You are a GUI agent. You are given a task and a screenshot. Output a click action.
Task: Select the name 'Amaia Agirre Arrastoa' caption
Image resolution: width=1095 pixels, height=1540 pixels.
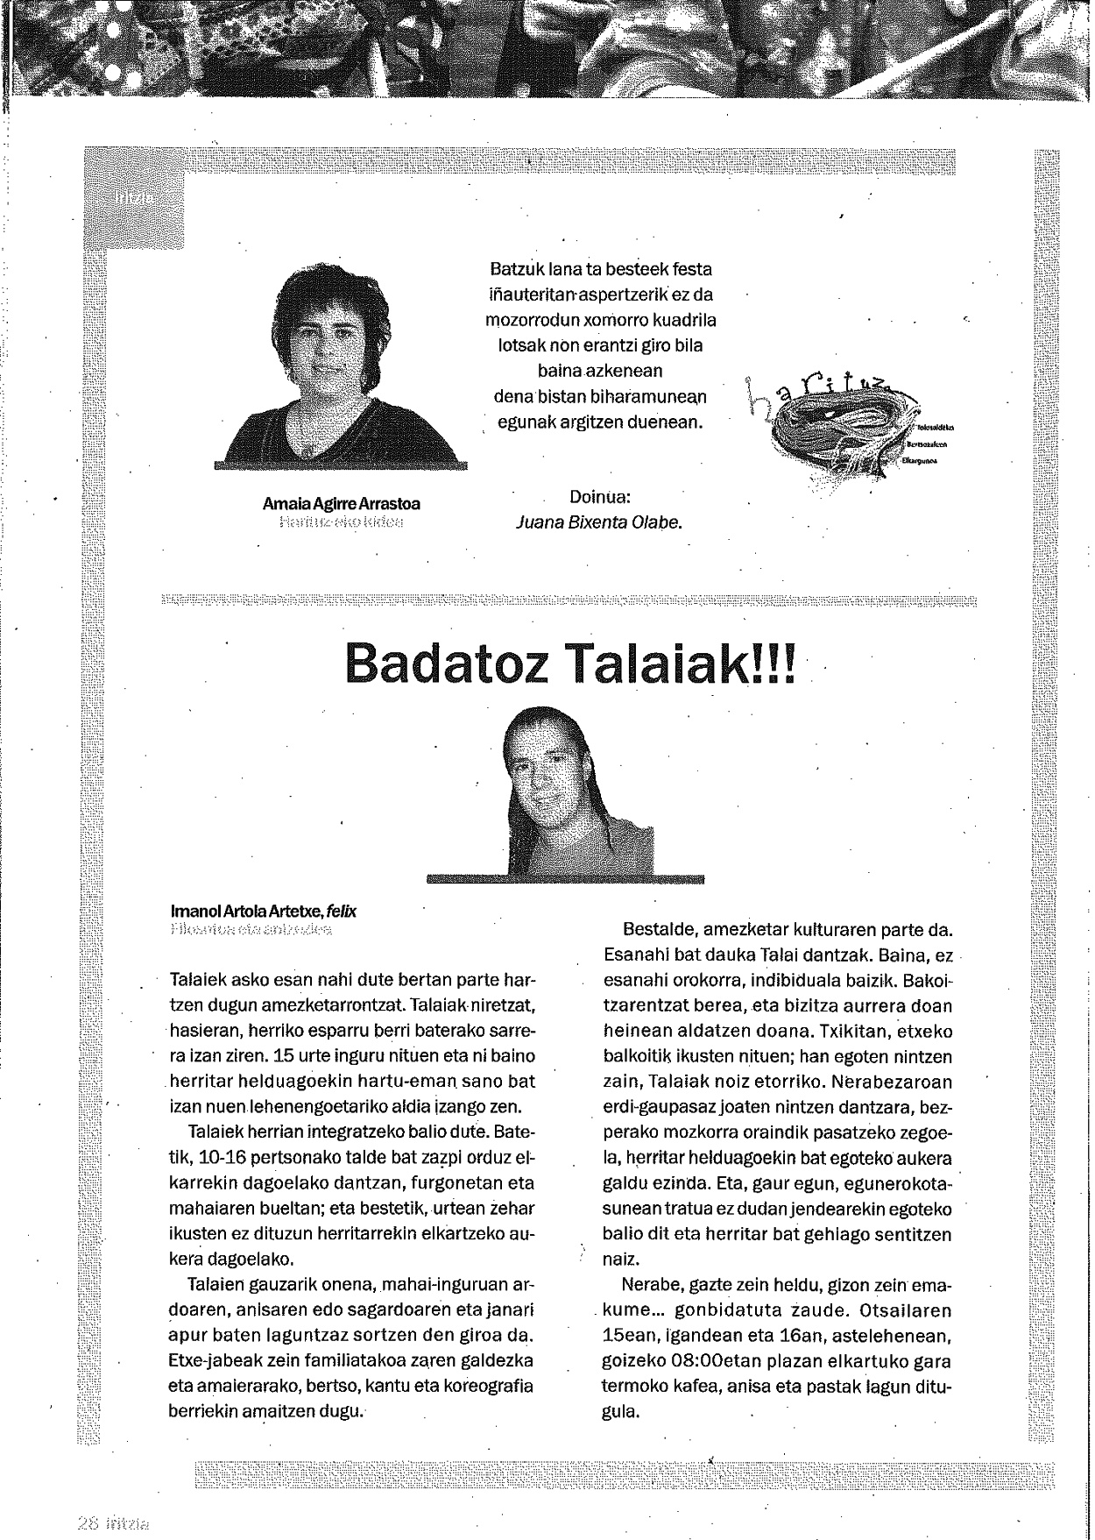click(x=342, y=504)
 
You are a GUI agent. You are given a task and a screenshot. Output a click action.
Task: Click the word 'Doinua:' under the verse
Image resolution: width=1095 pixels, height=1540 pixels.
click(x=600, y=498)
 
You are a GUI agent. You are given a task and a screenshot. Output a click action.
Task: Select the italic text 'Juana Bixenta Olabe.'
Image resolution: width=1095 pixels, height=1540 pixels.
click(x=599, y=522)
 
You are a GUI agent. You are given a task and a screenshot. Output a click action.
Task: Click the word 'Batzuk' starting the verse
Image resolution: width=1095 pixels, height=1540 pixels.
click(x=511, y=270)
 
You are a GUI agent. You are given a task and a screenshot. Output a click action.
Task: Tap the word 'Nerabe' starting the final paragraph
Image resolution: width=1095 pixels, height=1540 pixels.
click(x=649, y=1286)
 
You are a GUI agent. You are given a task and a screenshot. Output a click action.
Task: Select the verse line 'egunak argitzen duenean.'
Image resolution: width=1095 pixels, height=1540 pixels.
click(x=600, y=422)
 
